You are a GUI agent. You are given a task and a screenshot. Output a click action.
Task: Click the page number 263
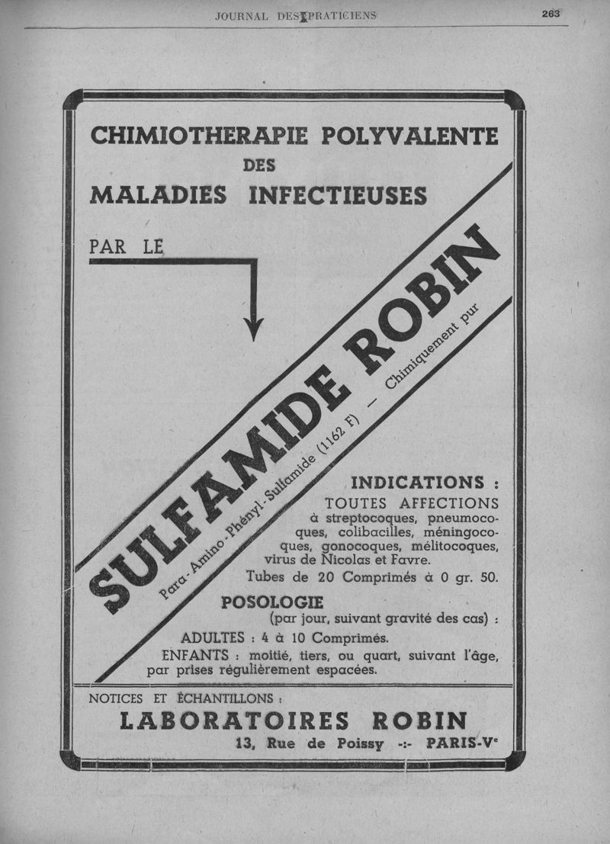tap(551, 13)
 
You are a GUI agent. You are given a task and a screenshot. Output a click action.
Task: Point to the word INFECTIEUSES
tap(338, 195)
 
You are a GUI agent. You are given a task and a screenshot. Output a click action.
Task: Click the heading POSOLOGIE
tap(262, 602)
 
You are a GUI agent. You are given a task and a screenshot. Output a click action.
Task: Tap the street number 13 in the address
tap(246, 744)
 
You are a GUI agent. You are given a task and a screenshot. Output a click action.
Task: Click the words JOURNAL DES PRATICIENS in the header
tap(296, 14)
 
